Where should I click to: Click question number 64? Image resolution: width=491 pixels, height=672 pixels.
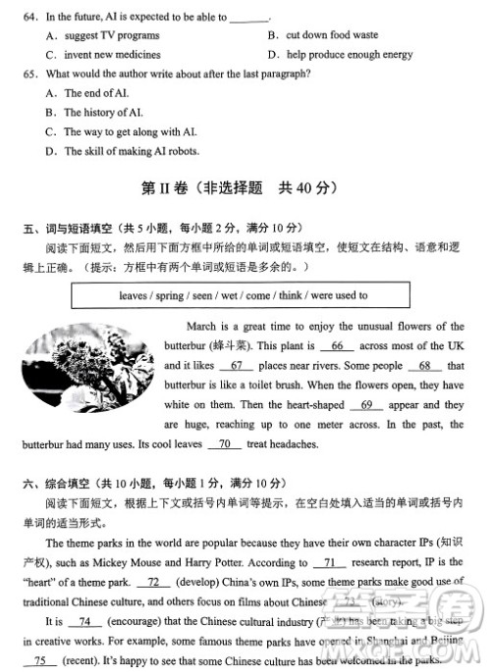(28, 18)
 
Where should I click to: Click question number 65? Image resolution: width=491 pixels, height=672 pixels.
(28, 74)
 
